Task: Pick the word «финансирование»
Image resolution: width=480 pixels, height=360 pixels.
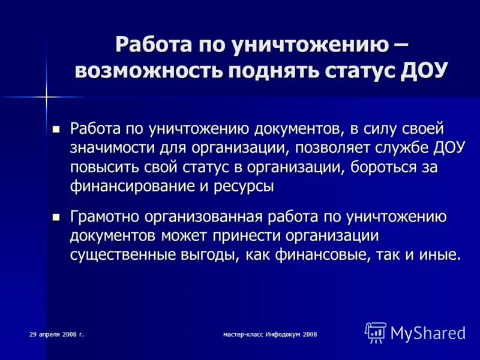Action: (x=129, y=186)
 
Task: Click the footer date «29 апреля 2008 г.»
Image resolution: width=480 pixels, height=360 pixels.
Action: (x=56, y=334)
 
